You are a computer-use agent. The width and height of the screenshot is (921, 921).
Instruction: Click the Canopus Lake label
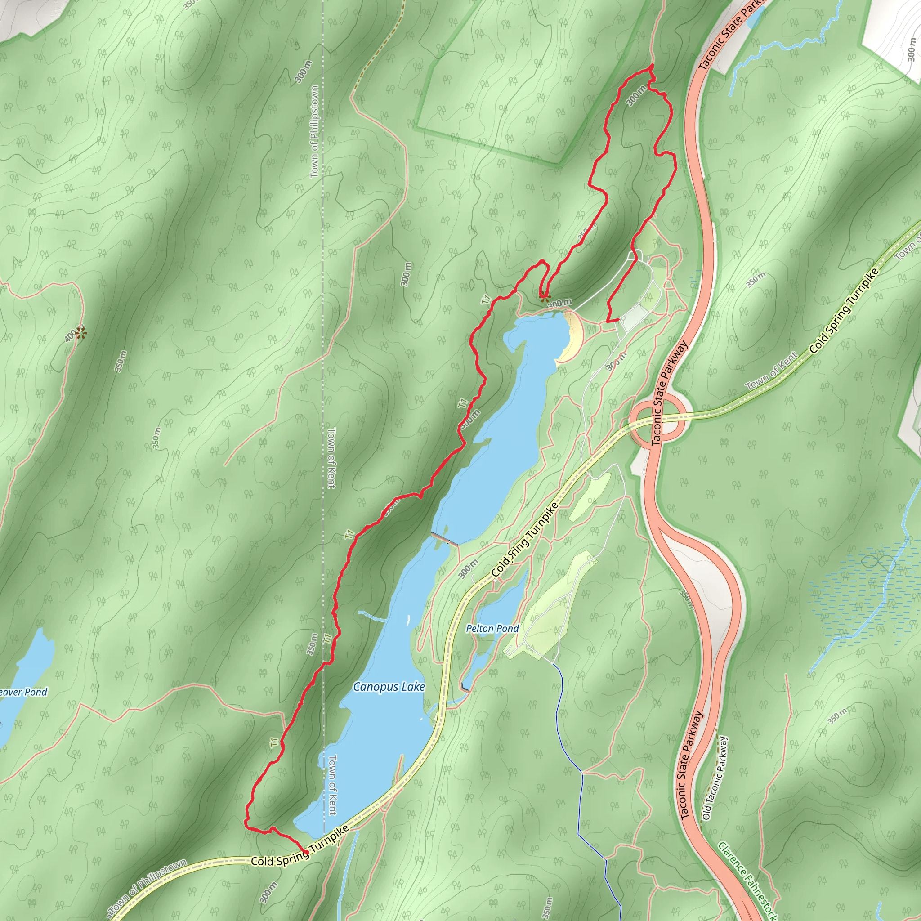click(x=389, y=687)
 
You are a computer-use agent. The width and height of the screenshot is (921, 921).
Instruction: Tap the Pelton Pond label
click(x=492, y=628)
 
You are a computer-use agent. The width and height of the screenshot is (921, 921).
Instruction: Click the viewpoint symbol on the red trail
click(x=543, y=296)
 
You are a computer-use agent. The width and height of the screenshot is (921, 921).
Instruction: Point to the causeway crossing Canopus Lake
click(x=445, y=539)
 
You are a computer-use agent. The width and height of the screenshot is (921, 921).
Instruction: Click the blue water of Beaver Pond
click(x=29, y=667)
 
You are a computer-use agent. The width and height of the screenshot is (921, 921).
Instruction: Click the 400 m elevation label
click(x=70, y=336)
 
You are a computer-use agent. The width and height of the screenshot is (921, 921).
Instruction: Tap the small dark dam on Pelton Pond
click(x=465, y=688)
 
